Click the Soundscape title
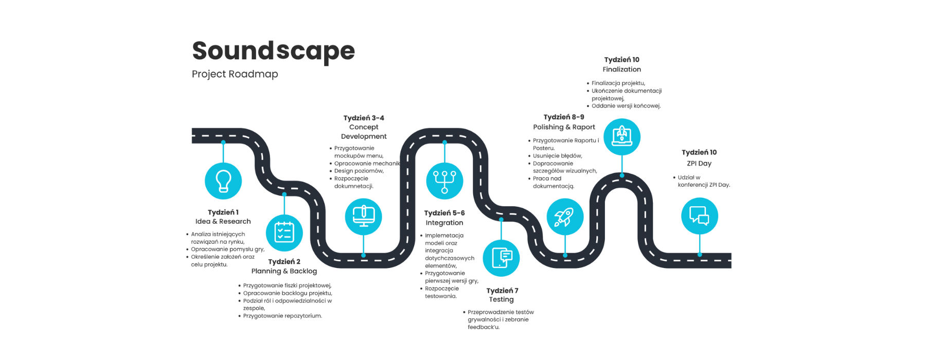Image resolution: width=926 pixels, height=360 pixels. [273, 51]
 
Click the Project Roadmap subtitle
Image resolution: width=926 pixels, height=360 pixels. [235, 74]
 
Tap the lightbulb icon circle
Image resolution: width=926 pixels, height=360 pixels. [223, 181]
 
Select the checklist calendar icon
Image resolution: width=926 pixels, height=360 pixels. [284, 232]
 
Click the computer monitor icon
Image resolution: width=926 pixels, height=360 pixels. [363, 217]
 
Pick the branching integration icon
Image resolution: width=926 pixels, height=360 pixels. [444, 181]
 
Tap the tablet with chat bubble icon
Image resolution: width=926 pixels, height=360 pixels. [501, 258]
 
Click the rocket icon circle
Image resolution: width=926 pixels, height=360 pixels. [565, 217]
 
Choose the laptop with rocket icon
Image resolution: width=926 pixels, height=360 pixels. [621, 137]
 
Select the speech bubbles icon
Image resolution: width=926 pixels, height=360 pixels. [699, 216]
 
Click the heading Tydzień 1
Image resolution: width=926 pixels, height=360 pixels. [223, 212]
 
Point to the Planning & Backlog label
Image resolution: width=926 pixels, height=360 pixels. [284, 271]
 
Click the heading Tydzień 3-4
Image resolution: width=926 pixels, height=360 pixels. [364, 118]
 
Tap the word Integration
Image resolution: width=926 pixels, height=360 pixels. [444, 223]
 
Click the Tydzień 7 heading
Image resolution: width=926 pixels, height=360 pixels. [502, 291]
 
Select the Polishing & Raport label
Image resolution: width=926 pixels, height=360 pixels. [564, 127]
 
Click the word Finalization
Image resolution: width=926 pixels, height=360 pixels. [621, 69]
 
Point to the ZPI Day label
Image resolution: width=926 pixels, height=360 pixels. [699, 164]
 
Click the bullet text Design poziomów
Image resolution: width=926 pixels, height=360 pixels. [359, 171]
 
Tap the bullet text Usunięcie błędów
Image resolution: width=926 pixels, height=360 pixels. [557, 156]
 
